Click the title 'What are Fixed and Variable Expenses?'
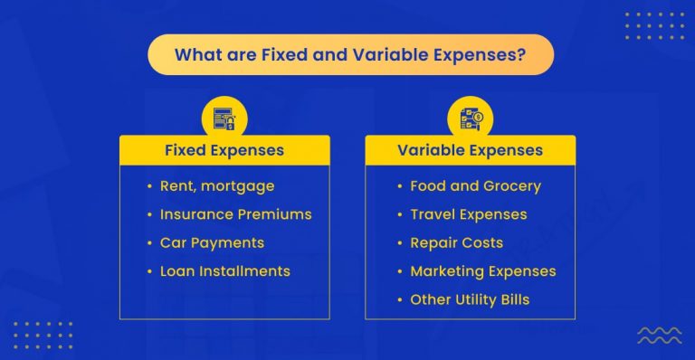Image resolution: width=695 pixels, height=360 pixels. click(x=350, y=54)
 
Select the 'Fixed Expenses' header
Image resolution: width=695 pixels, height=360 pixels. click(x=224, y=150)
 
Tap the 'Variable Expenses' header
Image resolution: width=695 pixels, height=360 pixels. click(x=470, y=150)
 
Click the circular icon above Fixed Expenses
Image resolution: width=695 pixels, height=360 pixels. click(x=224, y=118)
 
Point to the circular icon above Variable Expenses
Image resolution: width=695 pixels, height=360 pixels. click(x=471, y=118)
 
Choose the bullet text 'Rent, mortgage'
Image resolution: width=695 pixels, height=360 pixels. click(x=217, y=186)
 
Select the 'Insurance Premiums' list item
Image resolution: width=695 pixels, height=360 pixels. click(x=235, y=214)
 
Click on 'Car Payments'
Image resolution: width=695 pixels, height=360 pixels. click(x=212, y=242)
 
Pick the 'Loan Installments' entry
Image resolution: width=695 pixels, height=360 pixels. click(x=224, y=270)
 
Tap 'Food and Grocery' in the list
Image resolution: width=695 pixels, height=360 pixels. click(x=475, y=186)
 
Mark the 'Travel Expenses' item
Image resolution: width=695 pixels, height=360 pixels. click(x=468, y=214)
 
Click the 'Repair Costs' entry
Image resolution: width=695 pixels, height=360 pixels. click(x=456, y=242)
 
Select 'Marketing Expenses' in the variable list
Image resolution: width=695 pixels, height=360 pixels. click(x=482, y=270)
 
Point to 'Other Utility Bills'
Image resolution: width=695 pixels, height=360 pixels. click(x=470, y=298)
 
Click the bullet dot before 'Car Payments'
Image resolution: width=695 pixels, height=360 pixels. click(x=149, y=242)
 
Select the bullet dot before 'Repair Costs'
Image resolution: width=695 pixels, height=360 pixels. click(x=399, y=242)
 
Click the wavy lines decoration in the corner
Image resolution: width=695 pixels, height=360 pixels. click(x=660, y=336)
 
